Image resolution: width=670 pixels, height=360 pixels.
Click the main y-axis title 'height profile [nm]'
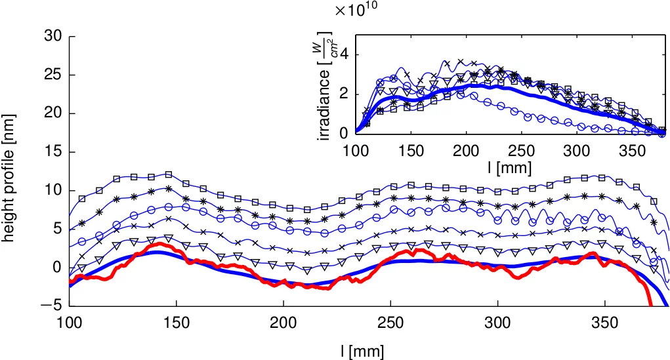click(x=9, y=177)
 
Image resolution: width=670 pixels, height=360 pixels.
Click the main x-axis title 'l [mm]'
click(x=362, y=351)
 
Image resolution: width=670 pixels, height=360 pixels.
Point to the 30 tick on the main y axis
click(x=53, y=37)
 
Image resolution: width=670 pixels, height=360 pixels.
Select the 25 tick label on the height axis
click(x=53, y=75)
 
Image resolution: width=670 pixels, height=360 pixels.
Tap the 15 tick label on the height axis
click(x=53, y=152)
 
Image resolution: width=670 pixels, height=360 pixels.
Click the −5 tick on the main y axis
click(x=51, y=306)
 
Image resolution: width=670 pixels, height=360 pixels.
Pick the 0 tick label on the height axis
click(x=57, y=268)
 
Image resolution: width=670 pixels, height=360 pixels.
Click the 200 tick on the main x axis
click(x=283, y=322)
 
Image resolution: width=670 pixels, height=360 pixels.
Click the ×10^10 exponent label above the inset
click(x=355, y=10)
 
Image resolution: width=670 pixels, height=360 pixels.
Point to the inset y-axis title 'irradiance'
click(x=324, y=92)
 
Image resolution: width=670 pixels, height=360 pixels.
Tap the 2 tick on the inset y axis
click(x=344, y=94)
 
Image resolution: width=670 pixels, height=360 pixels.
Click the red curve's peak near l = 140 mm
click(x=158, y=244)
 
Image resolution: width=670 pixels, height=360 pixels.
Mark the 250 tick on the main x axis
click(x=390, y=322)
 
